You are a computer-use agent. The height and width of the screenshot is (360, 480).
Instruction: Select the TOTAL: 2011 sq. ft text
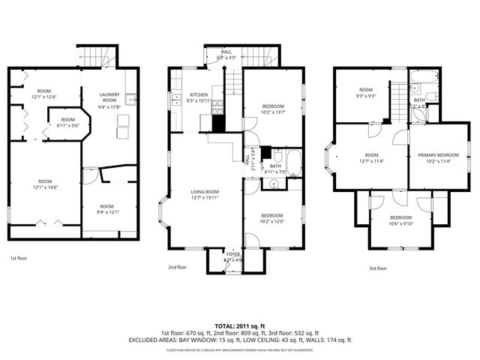tap(240, 326)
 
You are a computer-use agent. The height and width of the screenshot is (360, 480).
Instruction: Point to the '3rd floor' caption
tap(378, 268)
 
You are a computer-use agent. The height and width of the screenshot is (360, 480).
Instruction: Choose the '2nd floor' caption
tap(177, 266)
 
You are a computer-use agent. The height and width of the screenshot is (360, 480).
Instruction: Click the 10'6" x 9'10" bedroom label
tap(400, 223)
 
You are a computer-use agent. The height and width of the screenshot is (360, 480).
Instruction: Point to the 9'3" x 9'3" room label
tap(365, 96)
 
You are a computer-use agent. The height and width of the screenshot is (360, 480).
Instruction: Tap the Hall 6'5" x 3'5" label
tap(226, 55)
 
